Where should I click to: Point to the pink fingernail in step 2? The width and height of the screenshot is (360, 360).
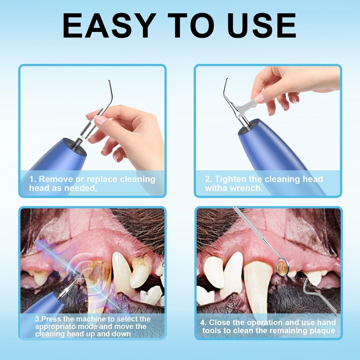click(260, 97)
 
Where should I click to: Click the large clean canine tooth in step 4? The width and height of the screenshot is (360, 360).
click(258, 288)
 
